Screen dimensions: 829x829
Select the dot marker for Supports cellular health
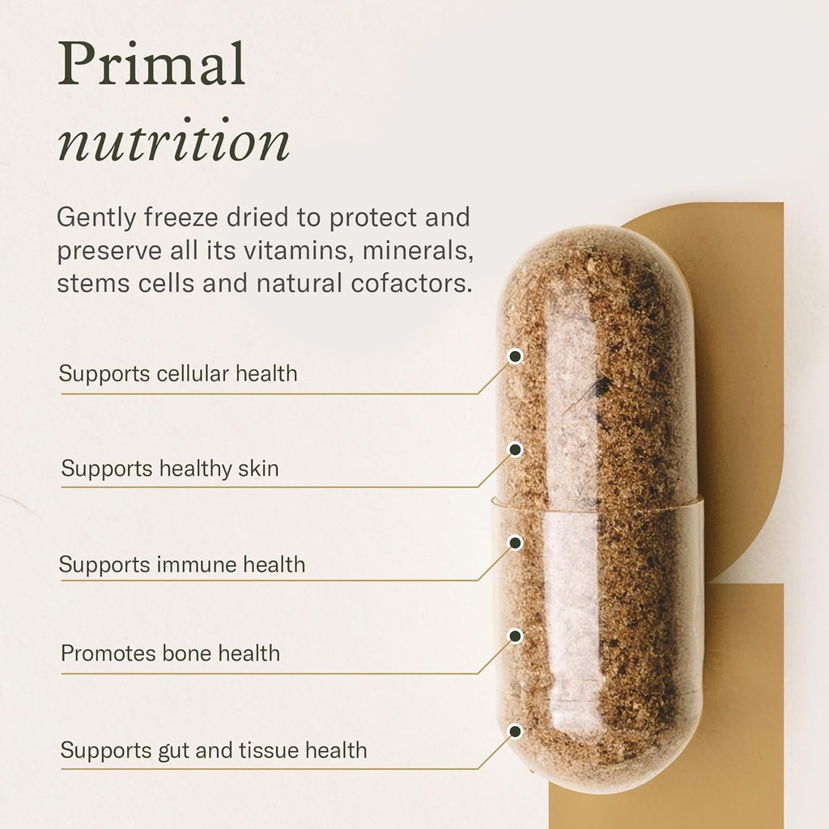(515, 355)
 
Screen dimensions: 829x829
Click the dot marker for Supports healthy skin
(515, 449)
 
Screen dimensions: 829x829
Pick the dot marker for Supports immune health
(515, 542)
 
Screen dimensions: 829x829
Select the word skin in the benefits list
(258, 468)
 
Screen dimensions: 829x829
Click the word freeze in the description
(174, 218)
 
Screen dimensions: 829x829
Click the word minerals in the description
(418, 251)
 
